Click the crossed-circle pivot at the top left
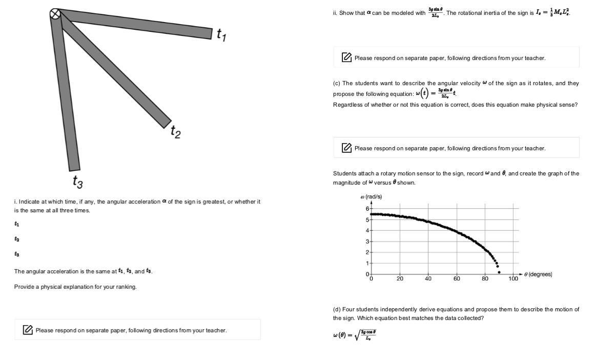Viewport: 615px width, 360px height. [55, 14]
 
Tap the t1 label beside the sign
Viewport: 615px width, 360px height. [221, 34]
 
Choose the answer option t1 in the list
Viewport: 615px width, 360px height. [17, 224]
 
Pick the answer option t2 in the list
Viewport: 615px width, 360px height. [17, 239]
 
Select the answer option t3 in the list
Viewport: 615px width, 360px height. [17, 254]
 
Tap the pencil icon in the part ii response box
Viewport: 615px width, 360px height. [347, 58]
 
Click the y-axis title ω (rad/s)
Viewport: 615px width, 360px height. [372, 197]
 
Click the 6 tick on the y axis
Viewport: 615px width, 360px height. [367, 209]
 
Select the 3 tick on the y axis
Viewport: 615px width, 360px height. [367, 241]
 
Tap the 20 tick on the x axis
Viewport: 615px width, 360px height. [400, 279]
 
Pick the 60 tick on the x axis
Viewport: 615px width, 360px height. [457, 279]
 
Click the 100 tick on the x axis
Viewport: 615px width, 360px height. [513, 279]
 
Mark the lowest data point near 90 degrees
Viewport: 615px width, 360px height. [499, 272]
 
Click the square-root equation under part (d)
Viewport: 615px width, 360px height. [356, 335]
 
